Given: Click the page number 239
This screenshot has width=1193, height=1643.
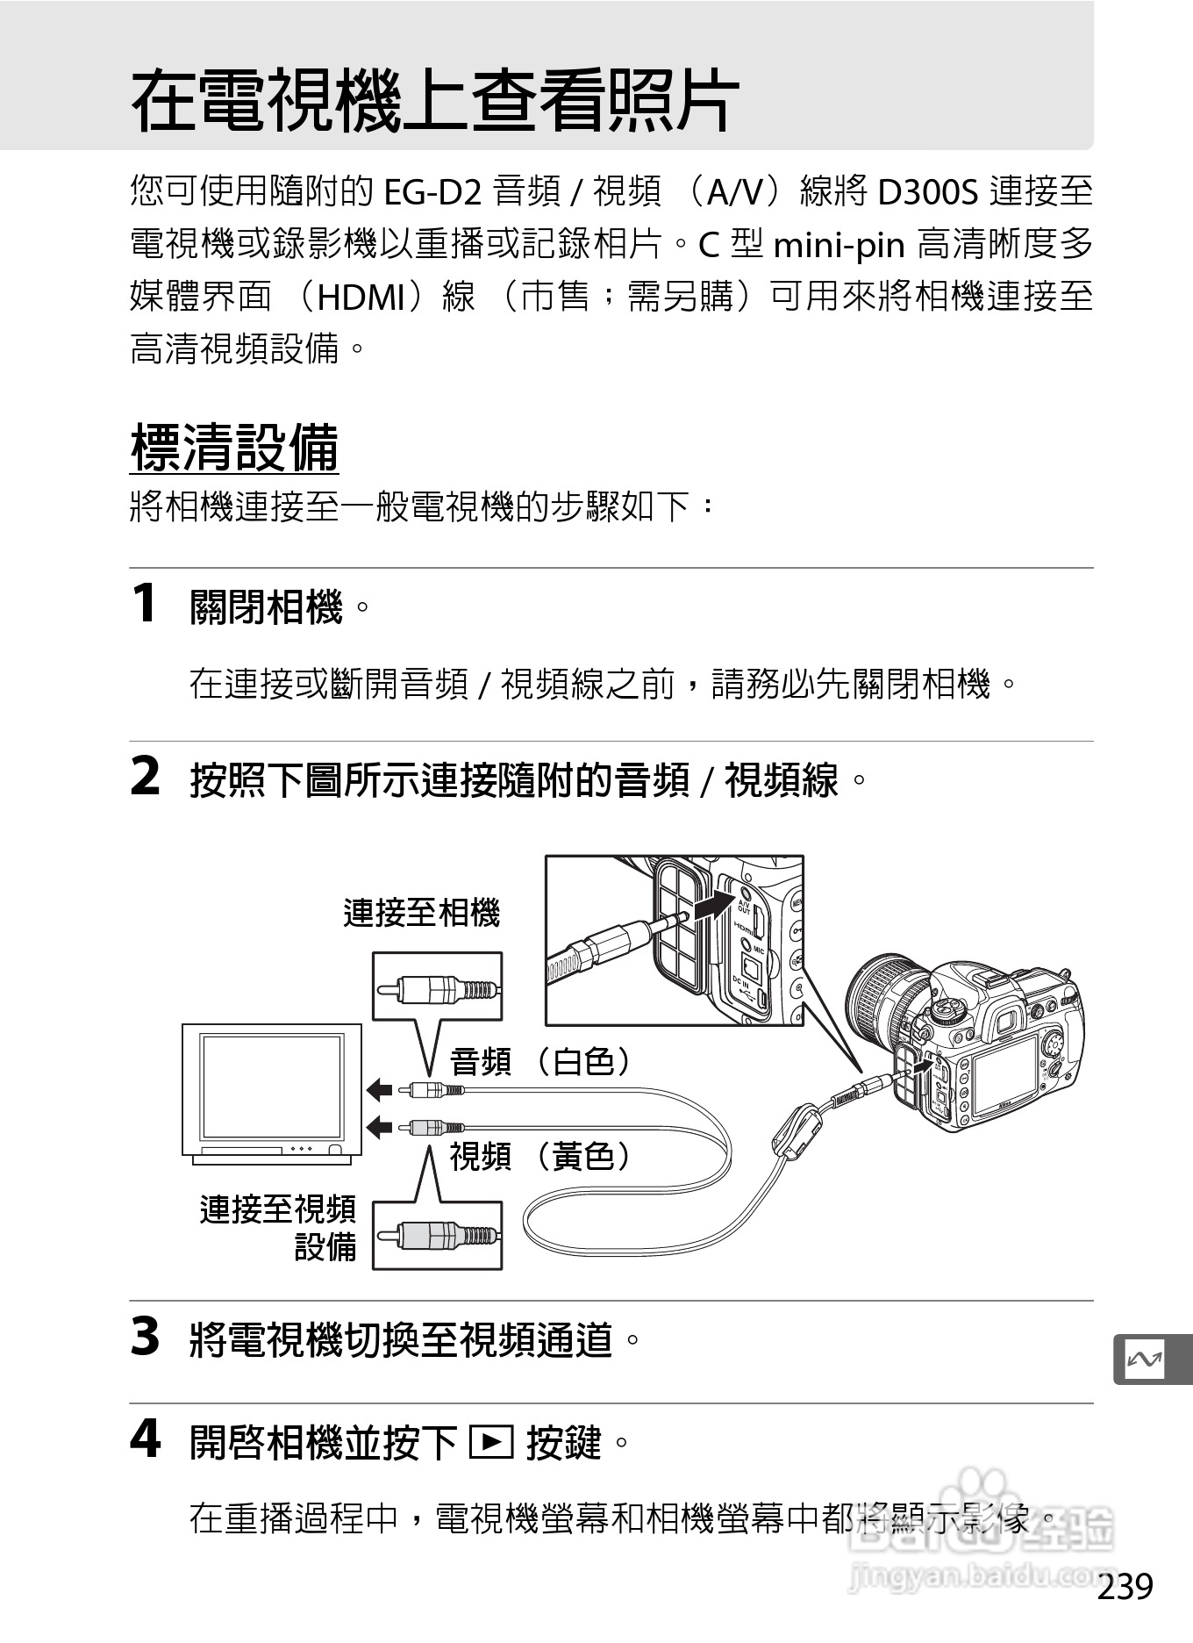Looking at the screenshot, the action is tap(1125, 1586).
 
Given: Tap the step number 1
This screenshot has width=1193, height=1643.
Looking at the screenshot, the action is tap(144, 604).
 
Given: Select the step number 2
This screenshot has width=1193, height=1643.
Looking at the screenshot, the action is tap(145, 777).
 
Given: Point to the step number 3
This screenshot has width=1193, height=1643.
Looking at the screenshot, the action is tap(145, 1337).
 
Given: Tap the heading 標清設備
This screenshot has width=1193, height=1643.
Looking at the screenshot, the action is tap(234, 448).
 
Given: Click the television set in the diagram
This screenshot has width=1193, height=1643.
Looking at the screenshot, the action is tap(272, 1094).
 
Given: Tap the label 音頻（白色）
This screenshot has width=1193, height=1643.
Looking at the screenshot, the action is tap(540, 1062).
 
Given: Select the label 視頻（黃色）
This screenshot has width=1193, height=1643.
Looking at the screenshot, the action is tap(540, 1157).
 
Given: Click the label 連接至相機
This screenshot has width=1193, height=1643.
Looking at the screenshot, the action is tap(421, 914).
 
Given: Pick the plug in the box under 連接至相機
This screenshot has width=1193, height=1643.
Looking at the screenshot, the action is tap(438, 990).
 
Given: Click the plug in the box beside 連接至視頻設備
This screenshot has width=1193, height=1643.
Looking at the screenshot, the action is tap(438, 1236).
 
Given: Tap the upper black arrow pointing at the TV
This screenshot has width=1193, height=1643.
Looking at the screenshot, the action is tap(379, 1090).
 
